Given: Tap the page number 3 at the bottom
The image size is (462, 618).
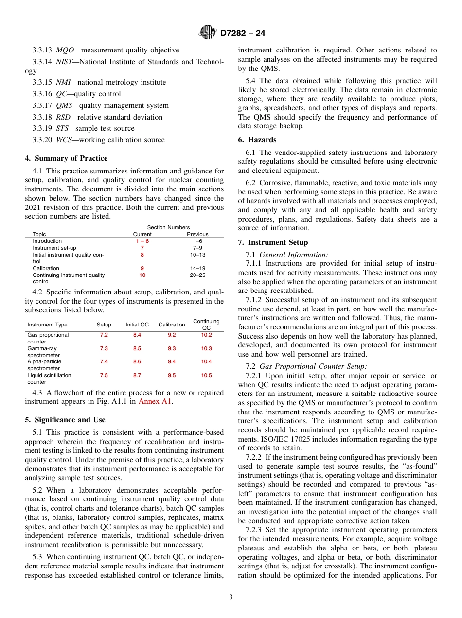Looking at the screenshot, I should coord(231,597).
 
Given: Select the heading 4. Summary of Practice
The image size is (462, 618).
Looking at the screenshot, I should coord(66,158).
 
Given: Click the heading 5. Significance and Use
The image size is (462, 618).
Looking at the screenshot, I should coord(65,420).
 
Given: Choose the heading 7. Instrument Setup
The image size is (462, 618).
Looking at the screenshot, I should coord(273,242).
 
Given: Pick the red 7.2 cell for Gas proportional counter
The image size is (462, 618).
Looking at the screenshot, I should coord(104,335).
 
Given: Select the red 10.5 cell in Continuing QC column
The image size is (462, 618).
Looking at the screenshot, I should coord(206,376).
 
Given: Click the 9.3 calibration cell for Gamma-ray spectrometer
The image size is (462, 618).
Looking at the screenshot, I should coord(172,349).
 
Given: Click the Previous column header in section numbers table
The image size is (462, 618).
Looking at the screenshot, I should coord(197,234).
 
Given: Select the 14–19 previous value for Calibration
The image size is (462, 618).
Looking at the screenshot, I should coord(197,268).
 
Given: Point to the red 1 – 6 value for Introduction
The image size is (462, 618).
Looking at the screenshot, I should coord(142,241).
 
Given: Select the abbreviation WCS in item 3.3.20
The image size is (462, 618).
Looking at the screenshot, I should coord(64,140).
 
